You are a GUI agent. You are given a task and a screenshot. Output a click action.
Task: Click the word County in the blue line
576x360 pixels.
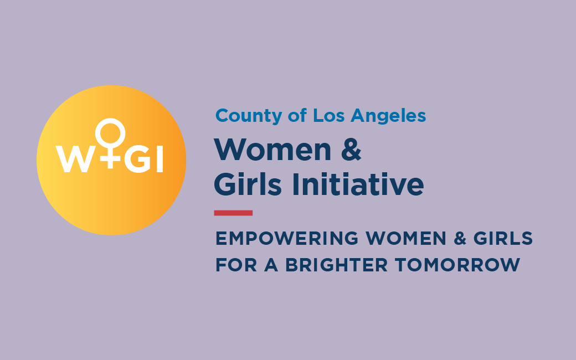coord(249,116)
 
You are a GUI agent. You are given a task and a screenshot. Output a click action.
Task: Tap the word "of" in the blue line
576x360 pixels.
coord(297,115)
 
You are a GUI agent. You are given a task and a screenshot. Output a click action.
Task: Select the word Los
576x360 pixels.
coord(328,116)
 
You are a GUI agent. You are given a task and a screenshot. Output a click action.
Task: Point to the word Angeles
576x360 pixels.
coord(388,116)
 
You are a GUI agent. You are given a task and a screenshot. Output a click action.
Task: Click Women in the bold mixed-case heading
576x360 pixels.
coord(272,150)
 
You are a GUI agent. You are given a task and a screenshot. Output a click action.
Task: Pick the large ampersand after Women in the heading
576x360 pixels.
coord(351,150)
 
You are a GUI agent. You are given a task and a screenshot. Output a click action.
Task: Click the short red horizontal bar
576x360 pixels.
coord(233,213)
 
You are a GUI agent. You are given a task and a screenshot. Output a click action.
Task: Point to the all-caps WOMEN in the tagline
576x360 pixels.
coord(406,238)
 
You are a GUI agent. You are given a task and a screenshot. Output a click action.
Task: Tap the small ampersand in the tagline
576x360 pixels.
coord(460,238)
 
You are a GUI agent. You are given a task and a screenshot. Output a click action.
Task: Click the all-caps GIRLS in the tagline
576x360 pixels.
coord(503,238)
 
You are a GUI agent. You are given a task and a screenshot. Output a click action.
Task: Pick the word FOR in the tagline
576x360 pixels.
coord(236,265)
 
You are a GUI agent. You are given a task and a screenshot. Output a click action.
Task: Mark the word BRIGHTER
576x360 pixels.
coord(337,265)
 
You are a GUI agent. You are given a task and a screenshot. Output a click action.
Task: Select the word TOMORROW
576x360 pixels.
coord(457,265)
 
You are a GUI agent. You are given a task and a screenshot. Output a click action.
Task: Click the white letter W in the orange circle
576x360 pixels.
coord(74,159)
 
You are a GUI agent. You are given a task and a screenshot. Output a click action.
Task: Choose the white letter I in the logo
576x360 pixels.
coord(160,159)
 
